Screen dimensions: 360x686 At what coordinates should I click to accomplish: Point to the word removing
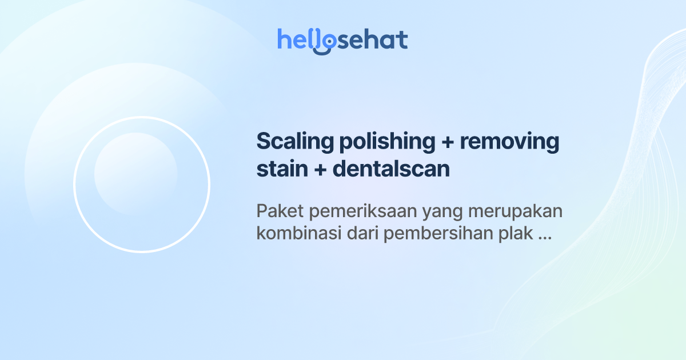509,142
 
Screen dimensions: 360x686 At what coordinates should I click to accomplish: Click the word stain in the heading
279,170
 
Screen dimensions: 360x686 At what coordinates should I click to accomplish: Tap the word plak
519,235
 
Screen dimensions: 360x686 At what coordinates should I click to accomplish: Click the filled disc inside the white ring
135,174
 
